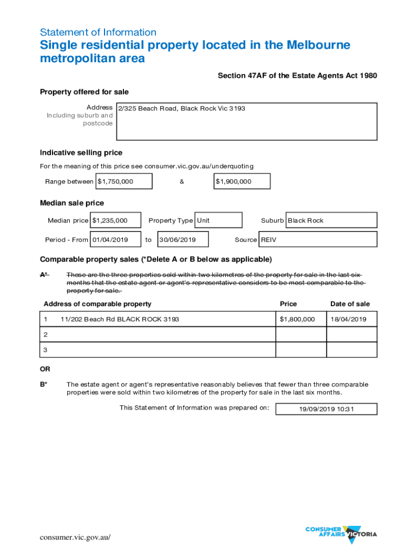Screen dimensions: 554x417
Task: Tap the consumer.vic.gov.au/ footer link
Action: point(75,537)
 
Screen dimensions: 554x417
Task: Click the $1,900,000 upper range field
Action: point(242,181)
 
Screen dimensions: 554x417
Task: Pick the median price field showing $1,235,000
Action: point(116,220)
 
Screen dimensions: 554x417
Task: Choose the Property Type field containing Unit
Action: point(218,220)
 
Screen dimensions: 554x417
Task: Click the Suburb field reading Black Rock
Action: point(331,220)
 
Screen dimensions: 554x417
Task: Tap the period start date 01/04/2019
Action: point(115,239)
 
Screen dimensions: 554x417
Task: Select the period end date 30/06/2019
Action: point(183,239)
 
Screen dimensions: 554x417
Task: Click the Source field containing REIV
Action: point(318,239)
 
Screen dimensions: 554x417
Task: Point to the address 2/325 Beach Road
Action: point(182,109)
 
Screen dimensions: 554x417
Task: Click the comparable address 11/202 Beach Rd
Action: point(120,319)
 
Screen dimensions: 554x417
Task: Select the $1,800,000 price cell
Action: point(297,319)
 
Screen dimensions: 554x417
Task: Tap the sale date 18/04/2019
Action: point(348,319)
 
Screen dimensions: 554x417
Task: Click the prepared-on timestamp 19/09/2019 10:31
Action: point(326,409)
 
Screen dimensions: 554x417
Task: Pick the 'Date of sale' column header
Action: point(350,304)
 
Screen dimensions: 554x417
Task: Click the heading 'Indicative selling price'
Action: point(81,153)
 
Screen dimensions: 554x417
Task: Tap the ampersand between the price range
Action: point(182,181)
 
